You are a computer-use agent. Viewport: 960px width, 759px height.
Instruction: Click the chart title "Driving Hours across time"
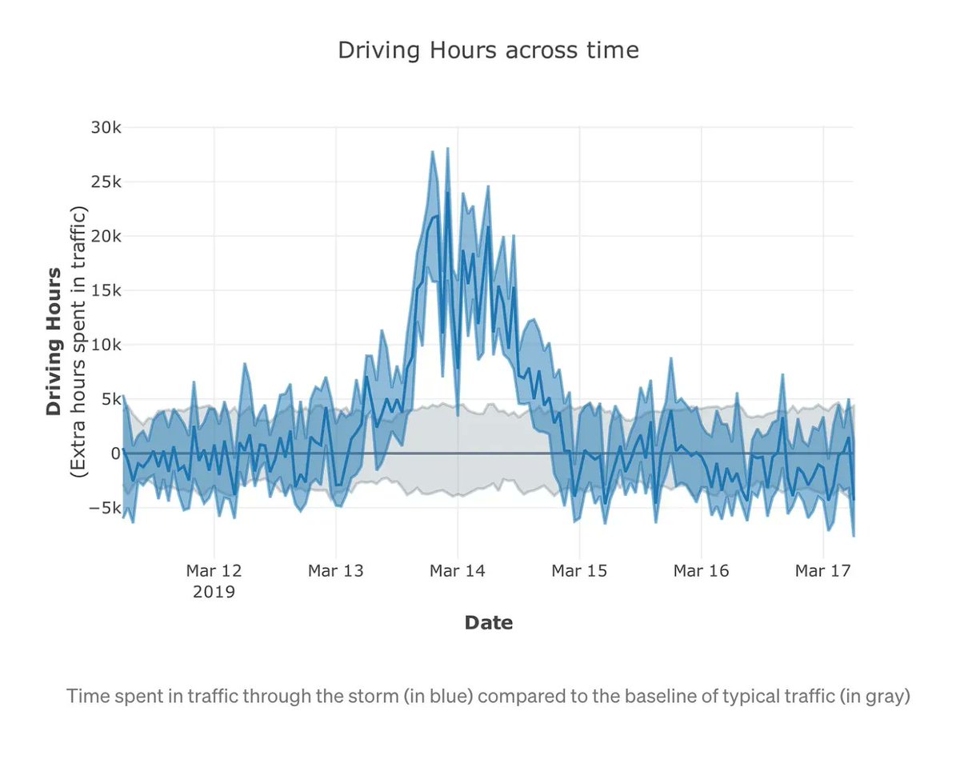[488, 50]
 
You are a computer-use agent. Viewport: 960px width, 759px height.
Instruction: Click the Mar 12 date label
[213, 571]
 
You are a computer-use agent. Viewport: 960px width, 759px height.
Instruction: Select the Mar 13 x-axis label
[335, 571]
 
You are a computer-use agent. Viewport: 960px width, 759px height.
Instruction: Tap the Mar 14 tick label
[457, 571]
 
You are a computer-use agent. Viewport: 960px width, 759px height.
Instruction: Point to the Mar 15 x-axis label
[579, 571]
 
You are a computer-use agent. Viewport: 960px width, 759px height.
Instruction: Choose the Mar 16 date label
[701, 571]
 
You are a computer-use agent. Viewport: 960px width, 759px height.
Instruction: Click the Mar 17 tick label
[822, 571]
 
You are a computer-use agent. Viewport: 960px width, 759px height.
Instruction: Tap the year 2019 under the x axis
[213, 593]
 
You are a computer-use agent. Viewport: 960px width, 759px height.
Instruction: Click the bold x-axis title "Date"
[488, 622]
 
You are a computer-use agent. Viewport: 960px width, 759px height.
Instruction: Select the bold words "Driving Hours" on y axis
[54, 342]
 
